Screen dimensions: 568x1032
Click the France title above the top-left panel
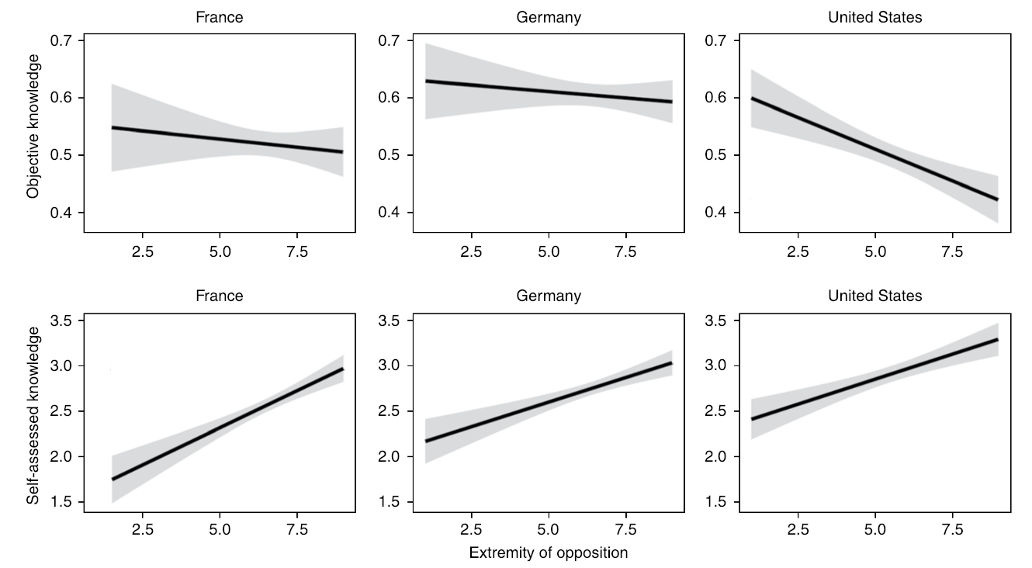pos(220,17)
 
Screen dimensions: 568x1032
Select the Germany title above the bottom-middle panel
pos(549,296)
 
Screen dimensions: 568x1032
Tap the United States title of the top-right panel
pos(875,17)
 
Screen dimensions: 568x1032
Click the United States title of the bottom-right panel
pos(875,296)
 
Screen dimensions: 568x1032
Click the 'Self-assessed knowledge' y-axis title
pos(33,415)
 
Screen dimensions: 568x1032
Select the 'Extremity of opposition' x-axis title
pos(549,553)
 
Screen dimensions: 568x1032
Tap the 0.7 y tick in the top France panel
pos(67,40)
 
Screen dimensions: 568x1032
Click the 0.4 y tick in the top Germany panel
pos(396,213)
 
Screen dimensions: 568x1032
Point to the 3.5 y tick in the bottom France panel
pos(67,320)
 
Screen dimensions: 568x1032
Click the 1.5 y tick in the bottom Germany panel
pos(396,502)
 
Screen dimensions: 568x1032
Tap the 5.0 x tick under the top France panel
pos(220,251)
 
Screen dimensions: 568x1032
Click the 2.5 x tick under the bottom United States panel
pos(798,530)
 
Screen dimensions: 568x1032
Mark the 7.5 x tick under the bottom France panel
pos(297,530)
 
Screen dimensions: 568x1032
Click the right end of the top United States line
pos(997,199)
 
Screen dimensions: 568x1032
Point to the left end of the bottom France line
pos(113,480)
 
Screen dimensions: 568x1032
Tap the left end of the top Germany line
pos(425,81)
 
